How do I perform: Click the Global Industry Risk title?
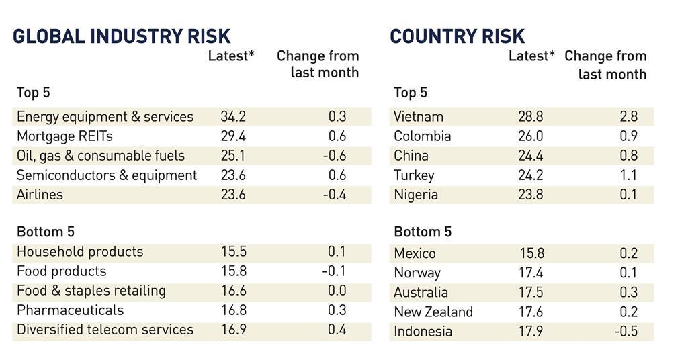click(122, 36)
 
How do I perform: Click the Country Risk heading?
click(458, 36)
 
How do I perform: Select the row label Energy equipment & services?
click(105, 117)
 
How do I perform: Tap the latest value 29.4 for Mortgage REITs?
click(233, 136)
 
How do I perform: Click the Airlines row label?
click(40, 195)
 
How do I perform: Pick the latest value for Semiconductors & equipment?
click(233, 175)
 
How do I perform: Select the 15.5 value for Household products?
click(233, 252)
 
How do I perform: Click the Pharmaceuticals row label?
click(70, 310)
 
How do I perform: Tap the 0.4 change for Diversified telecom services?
click(337, 330)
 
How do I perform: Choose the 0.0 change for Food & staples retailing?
click(337, 291)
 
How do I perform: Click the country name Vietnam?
click(419, 117)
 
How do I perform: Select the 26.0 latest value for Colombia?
click(531, 136)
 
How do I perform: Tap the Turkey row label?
click(414, 175)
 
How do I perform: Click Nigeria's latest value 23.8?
click(531, 195)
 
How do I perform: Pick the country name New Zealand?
click(433, 312)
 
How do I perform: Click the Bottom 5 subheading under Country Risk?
click(423, 232)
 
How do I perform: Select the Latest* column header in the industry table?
click(231, 56)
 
